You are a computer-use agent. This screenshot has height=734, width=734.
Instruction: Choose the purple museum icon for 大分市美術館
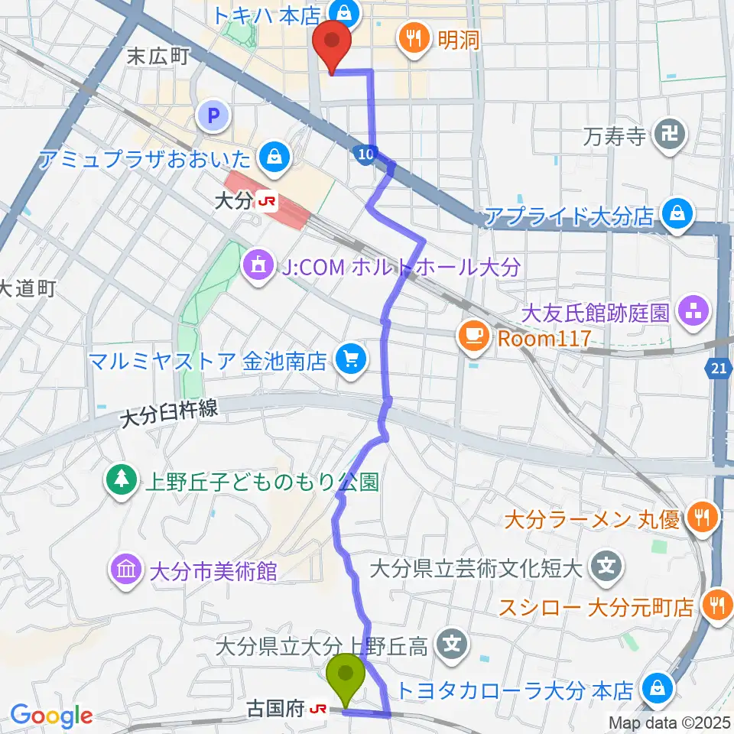(125, 570)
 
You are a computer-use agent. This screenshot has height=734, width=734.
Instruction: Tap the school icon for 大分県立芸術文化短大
(607, 567)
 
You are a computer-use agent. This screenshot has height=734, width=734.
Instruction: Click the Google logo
(50, 716)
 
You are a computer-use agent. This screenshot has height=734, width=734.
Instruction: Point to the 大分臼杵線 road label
(169, 414)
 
